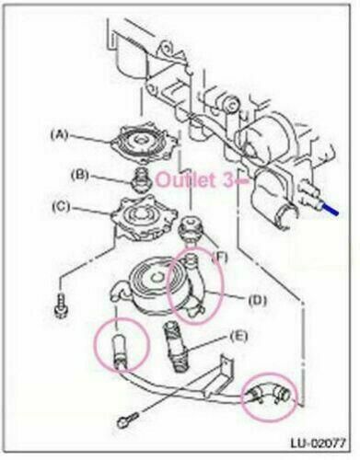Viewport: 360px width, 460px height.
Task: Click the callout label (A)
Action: pos(61,134)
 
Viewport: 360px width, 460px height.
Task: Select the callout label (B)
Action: pos(80,175)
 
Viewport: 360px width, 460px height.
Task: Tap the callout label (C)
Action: pos(61,207)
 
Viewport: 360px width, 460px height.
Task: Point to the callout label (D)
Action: pos(257,301)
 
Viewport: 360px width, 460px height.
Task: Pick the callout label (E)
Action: pos(238,337)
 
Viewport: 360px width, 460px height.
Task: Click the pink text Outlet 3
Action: pos(194,180)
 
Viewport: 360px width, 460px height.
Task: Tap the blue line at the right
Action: pos(329,208)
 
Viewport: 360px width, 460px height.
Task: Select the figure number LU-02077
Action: pos(318,443)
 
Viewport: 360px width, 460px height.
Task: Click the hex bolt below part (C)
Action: pos(60,305)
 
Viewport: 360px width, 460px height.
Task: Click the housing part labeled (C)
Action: pos(145,218)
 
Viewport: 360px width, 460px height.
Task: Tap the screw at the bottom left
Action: pos(127,419)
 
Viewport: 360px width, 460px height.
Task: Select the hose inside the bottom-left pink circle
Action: pos(121,350)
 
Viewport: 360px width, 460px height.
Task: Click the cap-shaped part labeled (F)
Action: pos(190,228)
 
